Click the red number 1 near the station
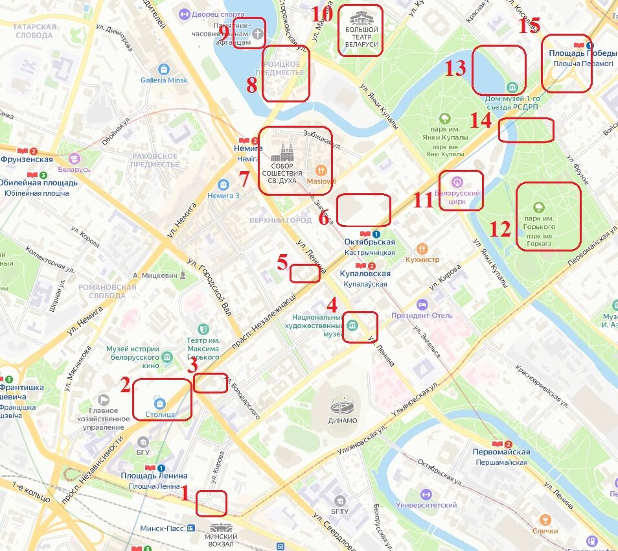pyautogui.click(x=185, y=494)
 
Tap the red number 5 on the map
pyautogui.click(x=282, y=263)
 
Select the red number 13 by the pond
pyautogui.click(x=455, y=68)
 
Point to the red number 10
pyautogui.click(x=322, y=14)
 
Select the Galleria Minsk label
pyautogui.click(x=164, y=80)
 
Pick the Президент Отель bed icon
pyautogui.click(x=422, y=305)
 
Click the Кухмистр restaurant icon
pyautogui.click(x=422, y=248)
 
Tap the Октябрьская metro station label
pyautogui.click(x=369, y=242)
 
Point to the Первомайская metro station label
pyautogui.click(x=501, y=452)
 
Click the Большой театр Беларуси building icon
pyautogui.click(x=361, y=18)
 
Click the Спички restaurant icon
pyautogui.click(x=545, y=519)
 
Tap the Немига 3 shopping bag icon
pyautogui.click(x=223, y=184)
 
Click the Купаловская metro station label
pyautogui.click(x=364, y=274)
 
